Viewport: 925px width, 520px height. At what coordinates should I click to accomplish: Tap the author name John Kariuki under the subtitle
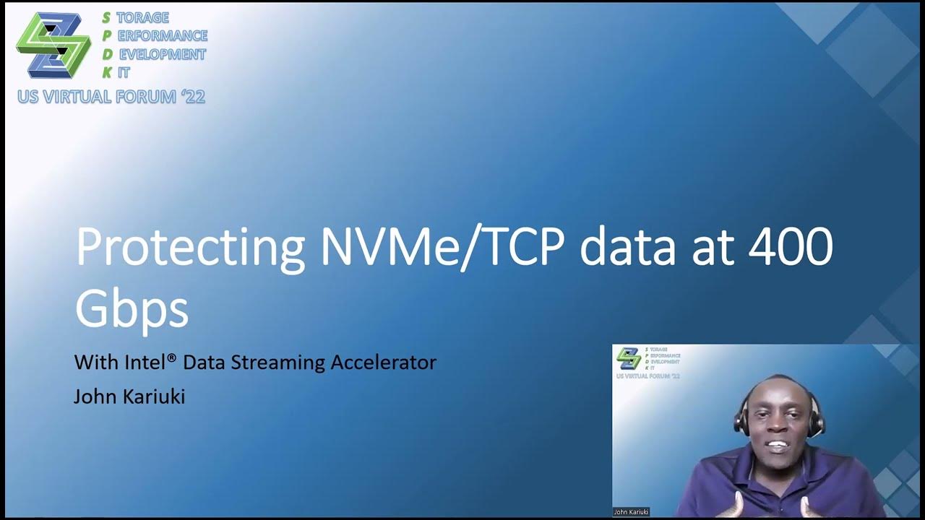(129, 396)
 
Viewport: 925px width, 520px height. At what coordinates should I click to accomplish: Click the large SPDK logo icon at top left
(53, 45)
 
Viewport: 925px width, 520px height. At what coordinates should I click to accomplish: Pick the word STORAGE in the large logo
(142, 18)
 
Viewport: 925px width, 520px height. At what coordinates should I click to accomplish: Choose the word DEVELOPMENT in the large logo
(162, 55)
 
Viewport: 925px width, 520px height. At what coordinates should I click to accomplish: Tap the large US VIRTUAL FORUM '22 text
(111, 97)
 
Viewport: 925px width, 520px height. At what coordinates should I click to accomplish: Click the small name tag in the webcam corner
(631, 512)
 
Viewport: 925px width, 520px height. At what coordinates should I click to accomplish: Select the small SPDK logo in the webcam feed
(628, 357)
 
